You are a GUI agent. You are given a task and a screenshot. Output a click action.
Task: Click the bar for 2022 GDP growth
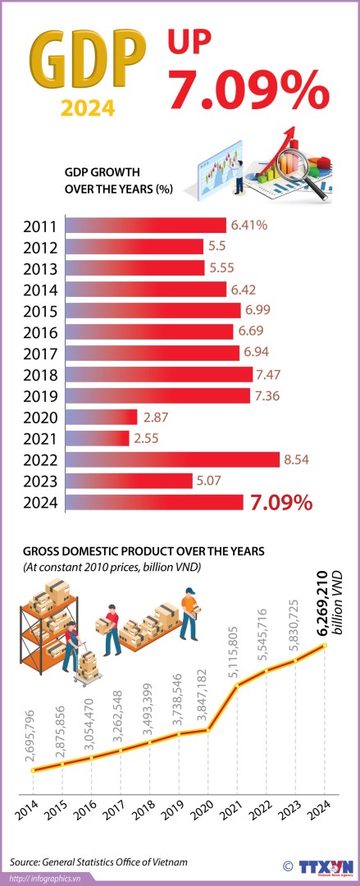(172, 459)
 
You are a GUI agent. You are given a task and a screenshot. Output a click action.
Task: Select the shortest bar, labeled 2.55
(97, 438)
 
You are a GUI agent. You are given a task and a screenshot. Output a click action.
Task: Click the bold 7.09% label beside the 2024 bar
(281, 502)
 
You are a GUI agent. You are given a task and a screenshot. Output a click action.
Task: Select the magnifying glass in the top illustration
(304, 156)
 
